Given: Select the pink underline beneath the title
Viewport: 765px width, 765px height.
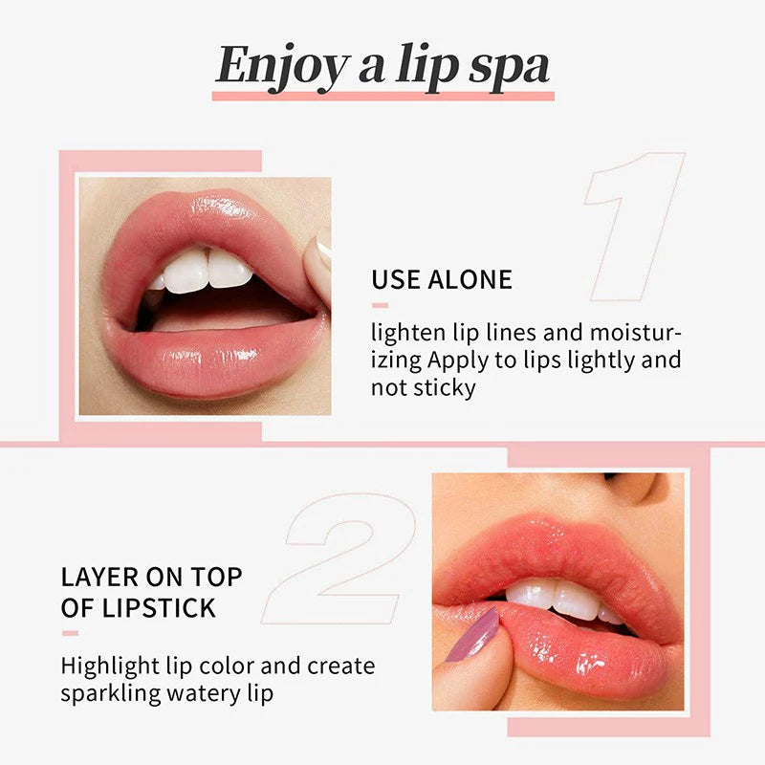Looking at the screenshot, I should click(382, 96).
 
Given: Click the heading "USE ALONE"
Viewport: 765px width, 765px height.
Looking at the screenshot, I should click(442, 280).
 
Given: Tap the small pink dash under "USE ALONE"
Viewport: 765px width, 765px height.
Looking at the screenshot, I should click(380, 306).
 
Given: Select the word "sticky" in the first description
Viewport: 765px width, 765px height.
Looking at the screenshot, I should click(443, 389).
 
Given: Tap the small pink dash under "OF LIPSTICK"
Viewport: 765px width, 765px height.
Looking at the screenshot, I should click(70, 633).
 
